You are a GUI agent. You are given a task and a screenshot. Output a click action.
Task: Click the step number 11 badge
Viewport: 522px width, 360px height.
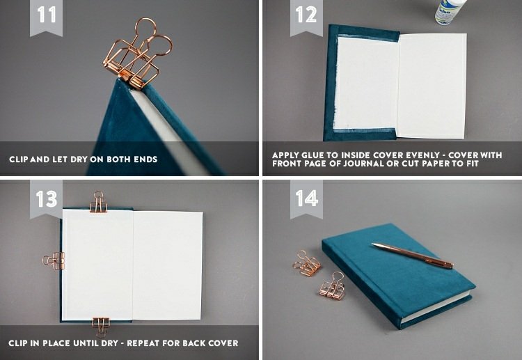point(46,17)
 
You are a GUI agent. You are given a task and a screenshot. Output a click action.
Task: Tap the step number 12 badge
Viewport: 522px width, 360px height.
point(306,17)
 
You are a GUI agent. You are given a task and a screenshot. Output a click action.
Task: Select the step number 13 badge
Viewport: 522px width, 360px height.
point(46,199)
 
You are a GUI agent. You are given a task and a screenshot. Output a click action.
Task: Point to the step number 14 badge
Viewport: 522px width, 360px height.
point(306,199)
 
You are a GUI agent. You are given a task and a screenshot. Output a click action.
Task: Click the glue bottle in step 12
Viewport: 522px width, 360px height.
point(450,12)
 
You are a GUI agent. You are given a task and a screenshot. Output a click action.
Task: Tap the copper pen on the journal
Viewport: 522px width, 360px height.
point(413,255)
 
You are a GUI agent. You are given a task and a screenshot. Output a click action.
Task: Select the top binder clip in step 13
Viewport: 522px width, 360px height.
point(98,202)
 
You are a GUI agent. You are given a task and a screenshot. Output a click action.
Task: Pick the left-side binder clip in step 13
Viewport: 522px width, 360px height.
point(54,260)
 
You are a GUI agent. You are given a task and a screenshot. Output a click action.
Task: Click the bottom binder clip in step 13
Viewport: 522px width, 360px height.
point(101,327)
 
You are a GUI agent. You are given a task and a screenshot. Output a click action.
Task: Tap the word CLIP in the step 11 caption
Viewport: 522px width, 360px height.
point(19,159)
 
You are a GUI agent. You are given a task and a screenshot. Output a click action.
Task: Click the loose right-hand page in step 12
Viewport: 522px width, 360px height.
point(432,86)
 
